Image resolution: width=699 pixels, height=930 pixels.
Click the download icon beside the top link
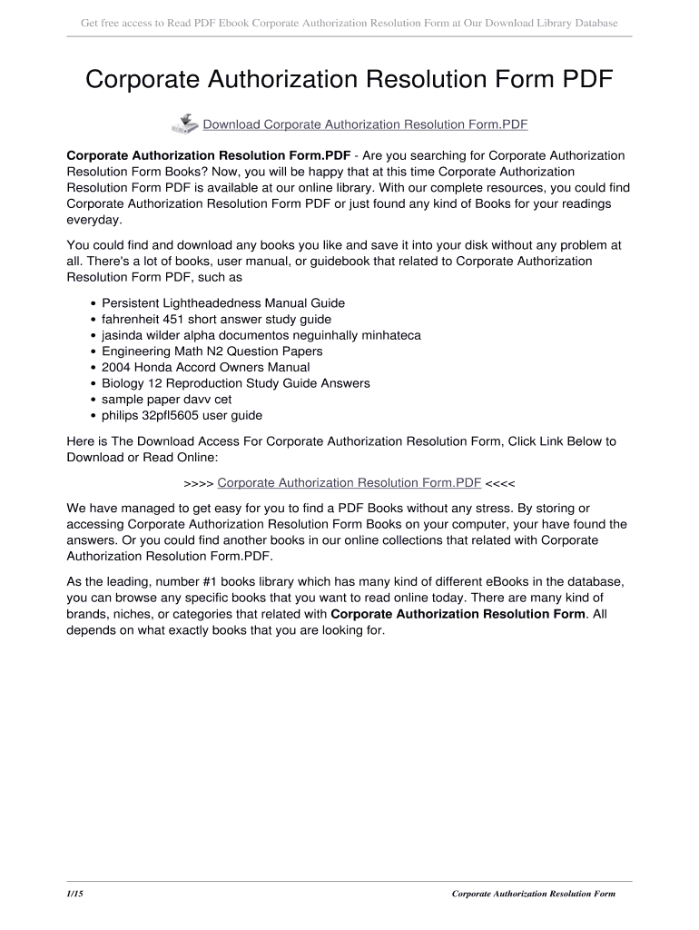184,124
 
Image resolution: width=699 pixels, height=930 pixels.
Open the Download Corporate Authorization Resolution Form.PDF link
365,124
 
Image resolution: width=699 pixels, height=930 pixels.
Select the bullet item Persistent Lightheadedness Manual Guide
223,303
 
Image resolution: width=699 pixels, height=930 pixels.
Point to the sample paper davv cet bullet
166,400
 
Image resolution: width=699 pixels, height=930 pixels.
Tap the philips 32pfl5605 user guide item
182,416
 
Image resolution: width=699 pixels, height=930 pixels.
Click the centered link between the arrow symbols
349,482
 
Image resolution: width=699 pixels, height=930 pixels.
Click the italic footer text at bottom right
534,894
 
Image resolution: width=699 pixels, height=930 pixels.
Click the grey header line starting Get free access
349,22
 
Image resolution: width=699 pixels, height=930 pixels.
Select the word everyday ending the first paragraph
94,221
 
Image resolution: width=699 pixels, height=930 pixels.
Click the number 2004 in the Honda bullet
117,368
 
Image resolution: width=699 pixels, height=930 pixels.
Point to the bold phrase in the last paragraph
458,614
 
